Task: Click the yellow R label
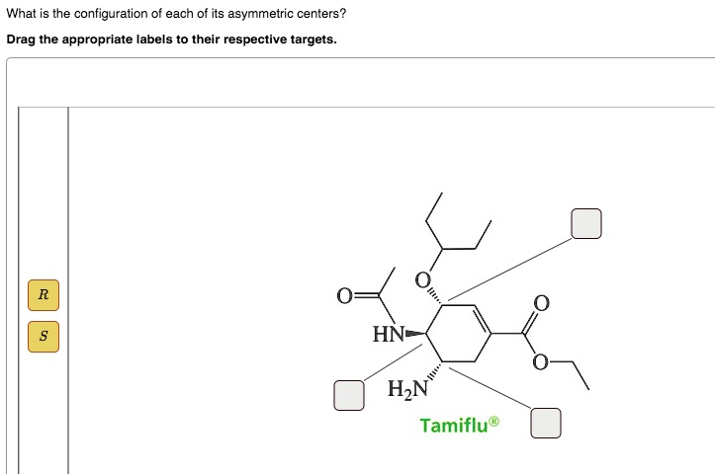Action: pos(44,295)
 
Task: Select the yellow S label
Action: pos(44,337)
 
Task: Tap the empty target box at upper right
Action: pos(586,223)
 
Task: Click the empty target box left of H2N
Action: pos(349,395)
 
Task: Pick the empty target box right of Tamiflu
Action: pos(546,423)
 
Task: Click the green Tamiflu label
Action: pos(460,425)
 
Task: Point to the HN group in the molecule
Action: pos(388,334)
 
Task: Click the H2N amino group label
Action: pos(407,389)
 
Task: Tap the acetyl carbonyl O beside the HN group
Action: pos(344,296)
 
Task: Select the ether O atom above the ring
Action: pos(422,280)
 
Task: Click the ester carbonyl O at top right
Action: pos(541,303)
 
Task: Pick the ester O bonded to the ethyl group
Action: pos(541,362)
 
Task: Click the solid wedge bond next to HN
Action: pos(415,334)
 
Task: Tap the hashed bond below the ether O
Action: pos(434,296)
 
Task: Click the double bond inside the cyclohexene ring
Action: pos(481,319)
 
